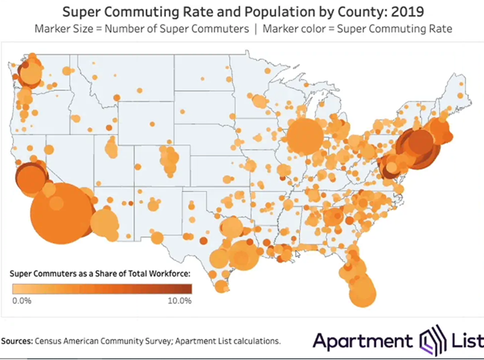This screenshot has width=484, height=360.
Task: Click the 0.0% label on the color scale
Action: tap(22, 301)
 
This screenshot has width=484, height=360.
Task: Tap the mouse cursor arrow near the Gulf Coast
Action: tap(296, 254)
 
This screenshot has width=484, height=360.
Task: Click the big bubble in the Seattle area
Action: tap(31, 74)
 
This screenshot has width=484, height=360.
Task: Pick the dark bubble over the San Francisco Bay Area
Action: tap(30, 178)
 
